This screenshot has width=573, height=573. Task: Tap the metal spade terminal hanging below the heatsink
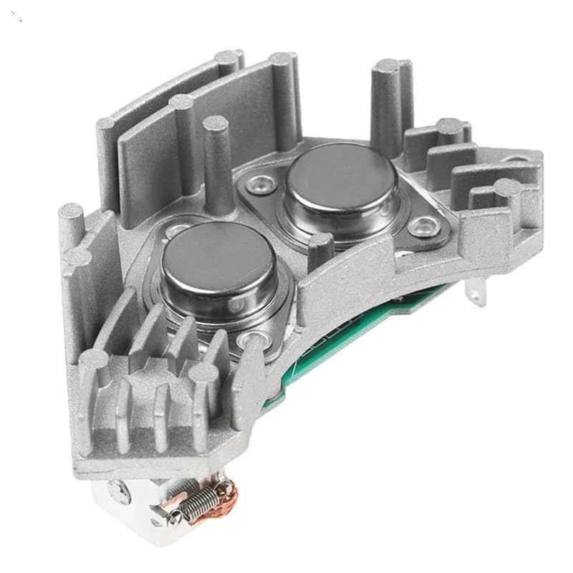[x=475, y=292]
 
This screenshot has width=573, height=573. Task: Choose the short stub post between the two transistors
[x=319, y=247]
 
